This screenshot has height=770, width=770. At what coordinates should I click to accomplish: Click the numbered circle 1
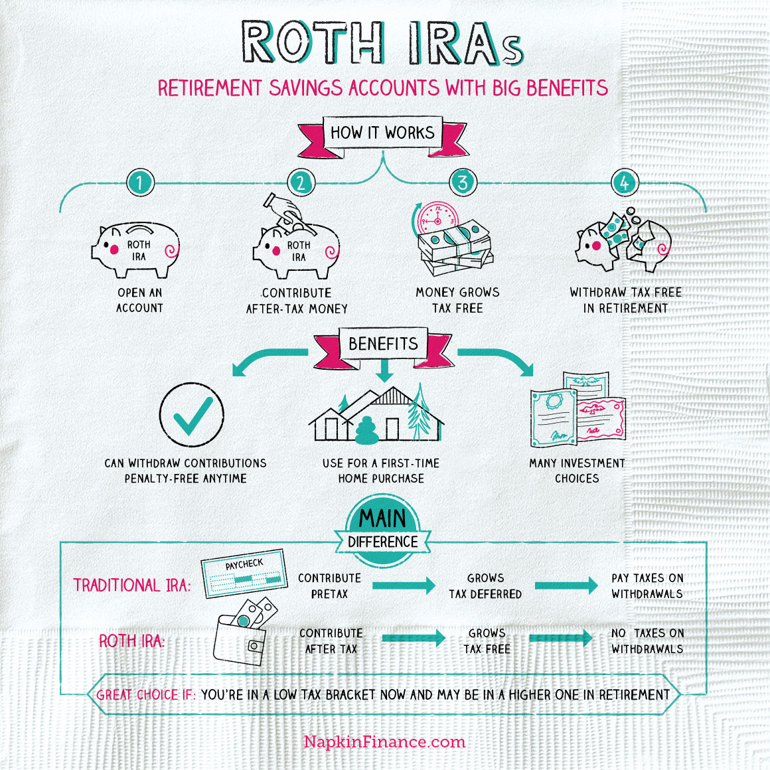click(x=139, y=182)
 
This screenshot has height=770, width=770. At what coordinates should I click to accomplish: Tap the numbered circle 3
click(x=463, y=182)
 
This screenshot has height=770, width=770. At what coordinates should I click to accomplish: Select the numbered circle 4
click(x=624, y=182)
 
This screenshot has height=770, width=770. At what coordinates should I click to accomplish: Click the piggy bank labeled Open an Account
click(x=137, y=250)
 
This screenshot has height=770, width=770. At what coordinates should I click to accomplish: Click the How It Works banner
click(x=382, y=133)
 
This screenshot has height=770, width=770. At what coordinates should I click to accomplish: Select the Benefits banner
click(x=383, y=344)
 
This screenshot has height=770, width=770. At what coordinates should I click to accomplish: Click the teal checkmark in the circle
click(x=192, y=415)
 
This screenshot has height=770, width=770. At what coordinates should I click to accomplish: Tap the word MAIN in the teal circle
click(x=382, y=518)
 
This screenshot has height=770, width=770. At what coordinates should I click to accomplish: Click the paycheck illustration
click(x=244, y=573)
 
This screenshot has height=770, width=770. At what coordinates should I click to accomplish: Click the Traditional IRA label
click(x=131, y=585)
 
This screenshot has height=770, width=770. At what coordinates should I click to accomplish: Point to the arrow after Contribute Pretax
click(x=403, y=585)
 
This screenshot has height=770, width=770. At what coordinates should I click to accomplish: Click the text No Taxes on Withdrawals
click(x=647, y=641)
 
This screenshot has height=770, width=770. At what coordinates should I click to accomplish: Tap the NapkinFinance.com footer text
click(x=384, y=742)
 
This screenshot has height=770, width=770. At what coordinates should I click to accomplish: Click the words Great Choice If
click(x=146, y=695)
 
